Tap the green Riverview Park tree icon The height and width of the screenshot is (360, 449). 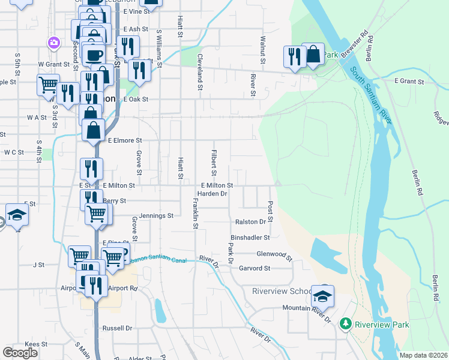coord(345,325)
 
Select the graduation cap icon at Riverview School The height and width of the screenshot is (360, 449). coord(322,296)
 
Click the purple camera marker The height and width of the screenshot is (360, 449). coord(54,43)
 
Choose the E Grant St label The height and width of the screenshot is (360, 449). coord(409,81)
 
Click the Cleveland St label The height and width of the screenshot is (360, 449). coord(198,70)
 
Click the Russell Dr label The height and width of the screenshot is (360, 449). coord(117,328)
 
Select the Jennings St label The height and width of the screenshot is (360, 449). coord(156,215)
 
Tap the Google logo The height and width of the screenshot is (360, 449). coord(20,353)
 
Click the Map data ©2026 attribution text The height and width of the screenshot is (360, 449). coord(423,355)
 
